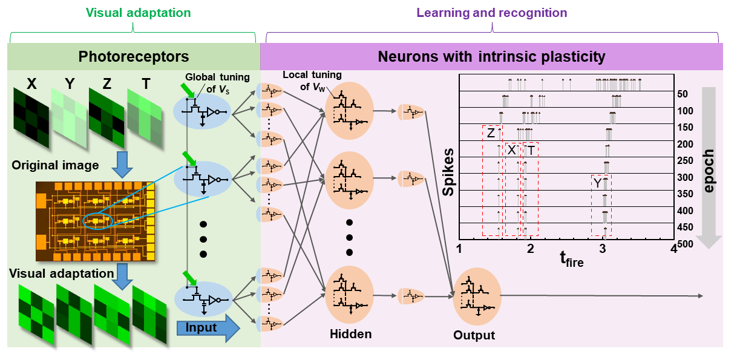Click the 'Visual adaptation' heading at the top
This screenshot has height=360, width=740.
point(138,13)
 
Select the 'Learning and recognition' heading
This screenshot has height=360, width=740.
point(491,13)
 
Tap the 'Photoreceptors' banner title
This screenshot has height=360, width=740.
point(134,57)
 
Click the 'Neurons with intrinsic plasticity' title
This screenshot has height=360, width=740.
point(491,57)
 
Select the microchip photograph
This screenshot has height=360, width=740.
point(95,221)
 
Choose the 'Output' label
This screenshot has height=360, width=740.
point(474,335)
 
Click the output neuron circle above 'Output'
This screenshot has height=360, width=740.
point(477,296)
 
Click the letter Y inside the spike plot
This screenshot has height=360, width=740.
point(597,183)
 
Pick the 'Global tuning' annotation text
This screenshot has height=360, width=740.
point(209,82)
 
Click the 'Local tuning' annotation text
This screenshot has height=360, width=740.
point(312,80)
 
